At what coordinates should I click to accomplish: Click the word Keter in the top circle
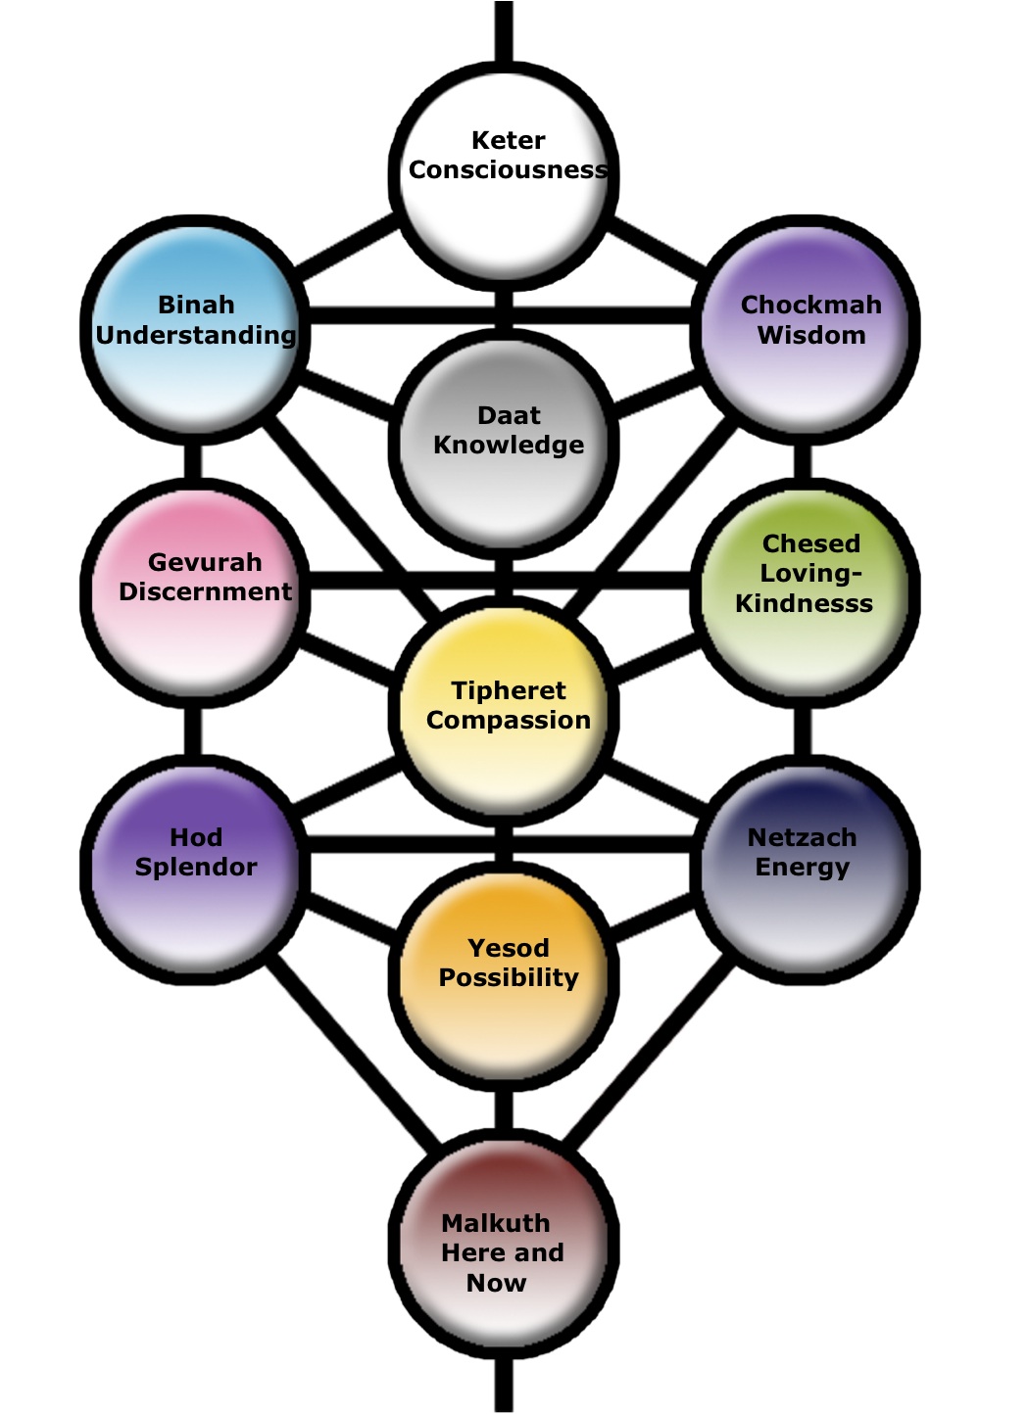[508, 140]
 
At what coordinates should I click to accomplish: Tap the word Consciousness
[508, 170]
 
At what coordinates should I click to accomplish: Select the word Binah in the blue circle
[196, 305]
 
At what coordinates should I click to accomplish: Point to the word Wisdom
[811, 335]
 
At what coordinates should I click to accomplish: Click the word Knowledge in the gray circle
[508, 445]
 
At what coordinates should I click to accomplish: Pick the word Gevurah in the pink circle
[205, 562]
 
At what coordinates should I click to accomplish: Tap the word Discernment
[205, 591]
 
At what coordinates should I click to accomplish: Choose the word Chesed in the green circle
[810, 543]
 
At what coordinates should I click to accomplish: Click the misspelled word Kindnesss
[804, 603]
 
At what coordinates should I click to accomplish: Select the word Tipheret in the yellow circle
[508, 690]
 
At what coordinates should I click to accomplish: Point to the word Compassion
[508, 720]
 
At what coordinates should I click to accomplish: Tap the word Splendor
[196, 867]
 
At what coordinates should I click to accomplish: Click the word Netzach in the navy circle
[802, 837]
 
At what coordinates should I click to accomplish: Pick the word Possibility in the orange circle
[508, 977]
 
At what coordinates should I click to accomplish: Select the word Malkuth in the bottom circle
[495, 1223]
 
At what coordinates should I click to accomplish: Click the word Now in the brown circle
[496, 1283]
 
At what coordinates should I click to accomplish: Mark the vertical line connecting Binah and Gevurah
[193, 460]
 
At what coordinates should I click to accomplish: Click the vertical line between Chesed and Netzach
[803, 730]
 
